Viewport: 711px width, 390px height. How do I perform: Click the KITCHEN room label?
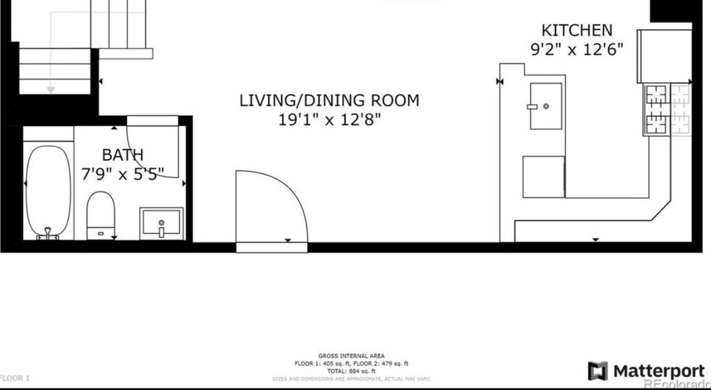click(577, 30)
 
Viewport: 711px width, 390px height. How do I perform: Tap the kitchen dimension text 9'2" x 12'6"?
click(577, 51)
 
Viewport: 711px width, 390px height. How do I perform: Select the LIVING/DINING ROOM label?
click(329, 101)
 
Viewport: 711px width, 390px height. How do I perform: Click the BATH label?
click(122, 154)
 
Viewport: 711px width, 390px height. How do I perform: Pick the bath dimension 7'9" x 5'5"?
click(122, 172)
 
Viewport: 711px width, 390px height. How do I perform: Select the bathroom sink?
click(162, 223)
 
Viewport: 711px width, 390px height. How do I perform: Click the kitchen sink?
click(546, 106)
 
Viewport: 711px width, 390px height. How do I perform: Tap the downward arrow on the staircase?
click(51, 89)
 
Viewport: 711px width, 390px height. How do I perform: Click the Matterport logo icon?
click(598, 371)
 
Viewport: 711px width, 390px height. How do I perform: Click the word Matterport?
click(658, 371)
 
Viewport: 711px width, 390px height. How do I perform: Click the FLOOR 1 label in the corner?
click(14, 378)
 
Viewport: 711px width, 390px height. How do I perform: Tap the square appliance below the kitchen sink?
click(544, 177)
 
